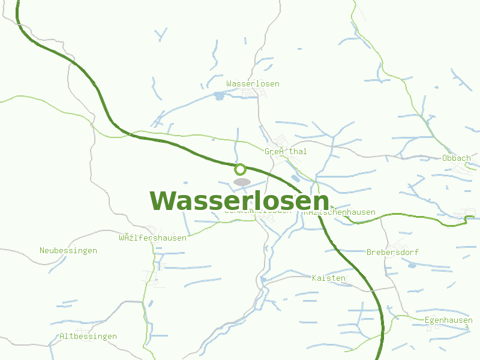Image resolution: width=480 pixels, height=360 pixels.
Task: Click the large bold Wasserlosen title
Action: [239, 201]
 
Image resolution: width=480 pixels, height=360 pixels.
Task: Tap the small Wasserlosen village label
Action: [253, 84]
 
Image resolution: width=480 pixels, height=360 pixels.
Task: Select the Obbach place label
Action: [456, 158]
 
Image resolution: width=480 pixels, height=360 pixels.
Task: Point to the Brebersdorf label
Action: [392, 253]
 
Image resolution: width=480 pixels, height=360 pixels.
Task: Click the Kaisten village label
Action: [329, 278]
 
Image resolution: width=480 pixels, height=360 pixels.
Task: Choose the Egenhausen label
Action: [448, 320]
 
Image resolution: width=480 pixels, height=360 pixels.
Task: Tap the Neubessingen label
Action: [68, 251]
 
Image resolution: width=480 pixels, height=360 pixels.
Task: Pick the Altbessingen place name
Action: [88, 337]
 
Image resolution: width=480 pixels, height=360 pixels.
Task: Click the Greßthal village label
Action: [286, 152]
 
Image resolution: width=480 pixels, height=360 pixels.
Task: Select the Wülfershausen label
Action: [152, 238]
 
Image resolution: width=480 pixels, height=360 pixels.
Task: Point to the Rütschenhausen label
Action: [340, 212]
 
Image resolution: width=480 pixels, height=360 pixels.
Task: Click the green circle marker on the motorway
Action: [241, 169]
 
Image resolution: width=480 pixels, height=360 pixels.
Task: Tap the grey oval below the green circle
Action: [242, 182]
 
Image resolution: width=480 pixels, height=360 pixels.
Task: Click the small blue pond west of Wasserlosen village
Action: [218, 95]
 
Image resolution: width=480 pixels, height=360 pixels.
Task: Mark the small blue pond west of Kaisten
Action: [263, 280]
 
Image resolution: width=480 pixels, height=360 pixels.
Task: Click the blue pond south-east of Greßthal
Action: [295, 178]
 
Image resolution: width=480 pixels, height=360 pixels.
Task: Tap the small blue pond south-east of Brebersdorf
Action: [412, 265]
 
